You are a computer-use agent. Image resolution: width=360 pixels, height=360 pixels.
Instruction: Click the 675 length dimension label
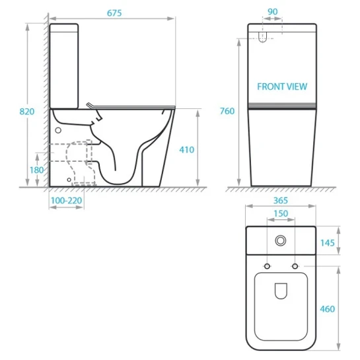tap(114, 13)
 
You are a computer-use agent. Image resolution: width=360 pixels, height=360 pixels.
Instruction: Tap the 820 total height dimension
tap(27, 112)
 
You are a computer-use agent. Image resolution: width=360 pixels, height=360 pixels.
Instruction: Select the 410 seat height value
tap(187, 150)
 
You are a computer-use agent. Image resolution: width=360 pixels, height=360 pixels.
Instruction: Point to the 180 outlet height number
tap(36, 170)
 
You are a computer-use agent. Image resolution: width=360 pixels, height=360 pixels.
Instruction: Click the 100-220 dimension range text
tap(66, 200)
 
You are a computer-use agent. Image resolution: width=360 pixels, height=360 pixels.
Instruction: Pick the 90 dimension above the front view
tap(273, 12)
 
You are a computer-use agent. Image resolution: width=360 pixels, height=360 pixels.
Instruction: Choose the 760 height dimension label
tap(227, 111)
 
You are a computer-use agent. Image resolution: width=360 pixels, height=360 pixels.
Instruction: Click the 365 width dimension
tap(281, 201)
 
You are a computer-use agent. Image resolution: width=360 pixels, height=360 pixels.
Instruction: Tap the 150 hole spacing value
tap(281, 214)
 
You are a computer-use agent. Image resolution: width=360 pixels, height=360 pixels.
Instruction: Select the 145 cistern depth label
tap(328, 243)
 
